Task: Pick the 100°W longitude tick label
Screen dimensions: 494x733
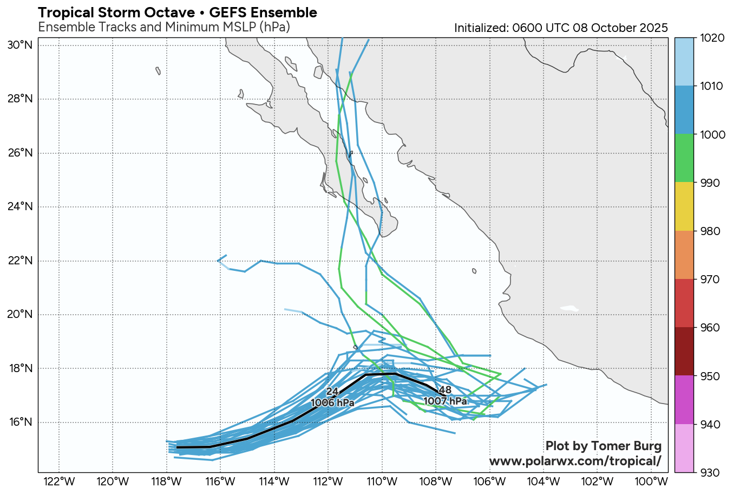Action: [651, 482]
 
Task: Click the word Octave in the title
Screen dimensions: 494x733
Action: [166, 12]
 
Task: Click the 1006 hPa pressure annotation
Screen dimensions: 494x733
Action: [332, 403]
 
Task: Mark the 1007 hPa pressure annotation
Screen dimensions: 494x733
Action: [445, 401]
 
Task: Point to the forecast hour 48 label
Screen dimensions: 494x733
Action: [445, 390]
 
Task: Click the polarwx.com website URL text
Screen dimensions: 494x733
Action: [575, 461]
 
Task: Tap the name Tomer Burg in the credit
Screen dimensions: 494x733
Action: [626, 446]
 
